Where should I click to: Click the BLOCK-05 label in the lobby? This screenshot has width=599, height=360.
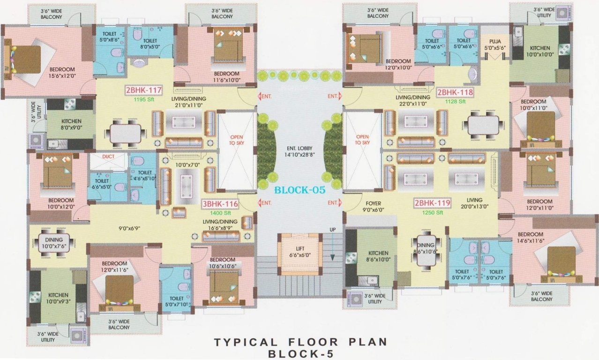[299, 190]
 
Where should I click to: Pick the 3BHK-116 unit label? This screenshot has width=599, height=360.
[220, 204]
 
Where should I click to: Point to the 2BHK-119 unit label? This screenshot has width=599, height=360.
[432, 203]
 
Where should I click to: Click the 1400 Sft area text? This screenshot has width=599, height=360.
[218, 213]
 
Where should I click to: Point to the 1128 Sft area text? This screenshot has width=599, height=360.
[456, 101]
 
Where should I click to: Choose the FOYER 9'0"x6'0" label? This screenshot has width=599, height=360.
[374, 207]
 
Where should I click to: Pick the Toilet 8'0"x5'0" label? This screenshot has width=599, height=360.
[150, 44]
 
